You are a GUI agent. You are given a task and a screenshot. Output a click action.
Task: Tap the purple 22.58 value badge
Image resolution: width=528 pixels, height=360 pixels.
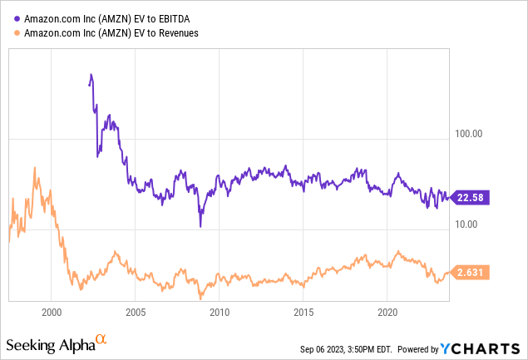(467, 197)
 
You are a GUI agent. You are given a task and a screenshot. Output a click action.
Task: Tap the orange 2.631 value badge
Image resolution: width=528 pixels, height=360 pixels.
(467, 272)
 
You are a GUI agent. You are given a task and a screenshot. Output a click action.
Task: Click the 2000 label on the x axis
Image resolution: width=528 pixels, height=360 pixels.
(51, 314)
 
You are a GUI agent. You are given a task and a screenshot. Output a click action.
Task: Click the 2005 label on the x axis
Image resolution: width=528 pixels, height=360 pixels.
(135, 314)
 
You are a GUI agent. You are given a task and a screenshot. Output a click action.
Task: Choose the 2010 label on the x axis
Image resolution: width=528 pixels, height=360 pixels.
(219, 314)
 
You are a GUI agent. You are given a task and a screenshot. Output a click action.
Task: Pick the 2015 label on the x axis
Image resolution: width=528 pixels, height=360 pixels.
(303, 314)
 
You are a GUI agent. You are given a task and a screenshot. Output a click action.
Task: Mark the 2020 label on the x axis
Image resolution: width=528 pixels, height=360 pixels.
(387, 314)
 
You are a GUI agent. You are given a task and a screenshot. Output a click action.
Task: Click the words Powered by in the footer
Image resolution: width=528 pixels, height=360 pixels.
(426, 347)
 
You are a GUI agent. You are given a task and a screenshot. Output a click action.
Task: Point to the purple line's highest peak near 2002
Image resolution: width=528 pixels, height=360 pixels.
(91, 75)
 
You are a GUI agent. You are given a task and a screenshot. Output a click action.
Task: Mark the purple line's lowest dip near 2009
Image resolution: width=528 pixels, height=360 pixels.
(200, 226)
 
